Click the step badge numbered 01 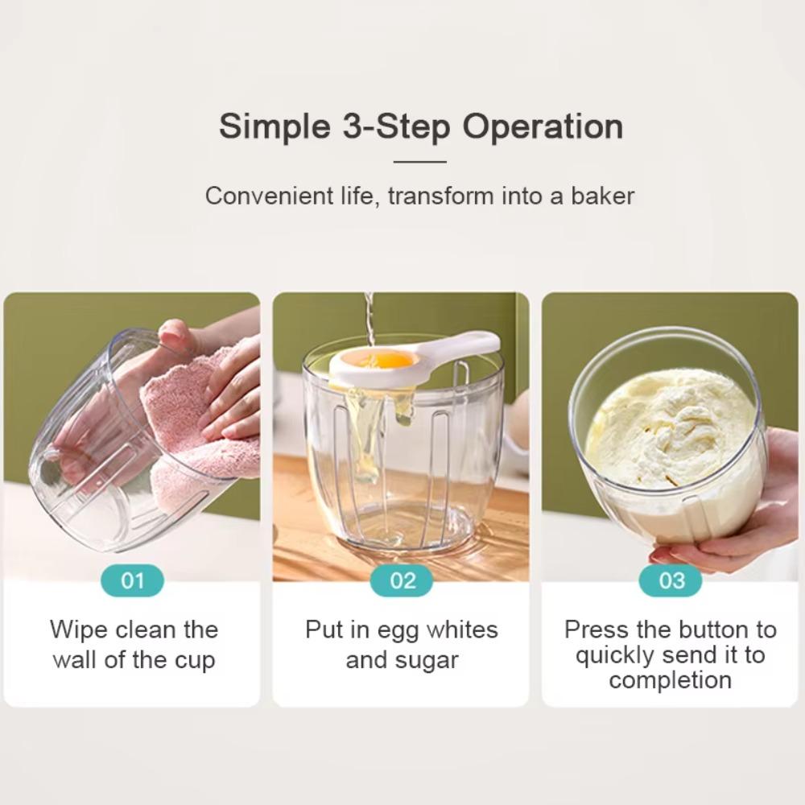coord(132,580)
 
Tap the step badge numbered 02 coord(402,580)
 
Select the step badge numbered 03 coord(671,580)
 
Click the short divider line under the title coord(419,162)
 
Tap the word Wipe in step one coord(78,629)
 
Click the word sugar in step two coord(428,660)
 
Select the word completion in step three coord(670,680)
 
